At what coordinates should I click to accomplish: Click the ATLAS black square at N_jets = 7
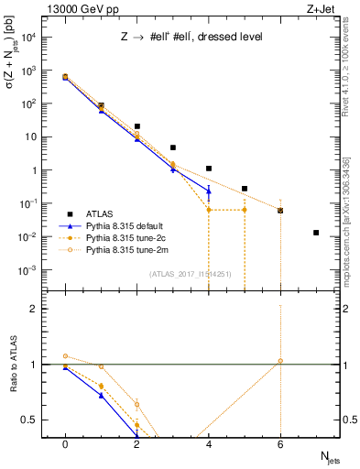(316, 233)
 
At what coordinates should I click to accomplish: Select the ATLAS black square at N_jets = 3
(172, 147)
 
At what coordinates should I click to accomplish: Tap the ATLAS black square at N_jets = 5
(245, 189)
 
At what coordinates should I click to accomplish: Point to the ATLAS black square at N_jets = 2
(136, 126)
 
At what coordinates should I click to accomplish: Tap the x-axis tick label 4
(209, 442)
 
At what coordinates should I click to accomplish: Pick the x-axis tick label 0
(65, 442)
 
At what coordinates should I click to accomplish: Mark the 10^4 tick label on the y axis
(31, 37)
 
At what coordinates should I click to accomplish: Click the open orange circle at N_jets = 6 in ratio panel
(280, 361)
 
